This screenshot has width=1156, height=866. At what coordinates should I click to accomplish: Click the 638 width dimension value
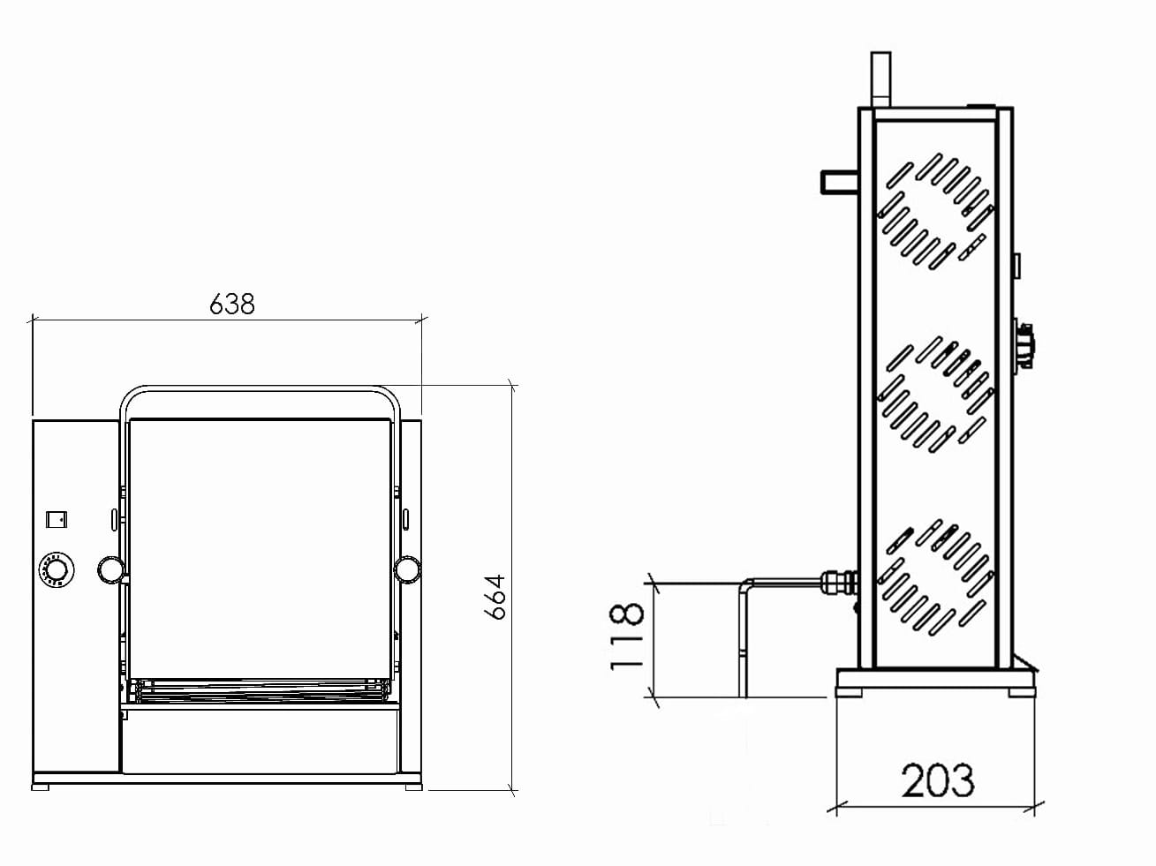[231, 304]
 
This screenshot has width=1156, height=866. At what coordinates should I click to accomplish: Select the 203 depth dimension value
[938, 780]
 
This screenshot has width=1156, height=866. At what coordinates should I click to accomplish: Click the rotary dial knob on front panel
[57, 569]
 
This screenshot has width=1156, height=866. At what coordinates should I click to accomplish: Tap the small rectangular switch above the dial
[57, 520]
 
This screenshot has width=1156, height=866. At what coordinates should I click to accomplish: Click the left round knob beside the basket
[111, 569]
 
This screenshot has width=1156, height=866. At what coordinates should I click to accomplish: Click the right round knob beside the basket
[408, 569]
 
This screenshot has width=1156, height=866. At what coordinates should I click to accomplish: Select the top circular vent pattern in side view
[935, 211]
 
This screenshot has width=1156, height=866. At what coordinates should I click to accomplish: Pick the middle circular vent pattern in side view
[935, 395]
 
